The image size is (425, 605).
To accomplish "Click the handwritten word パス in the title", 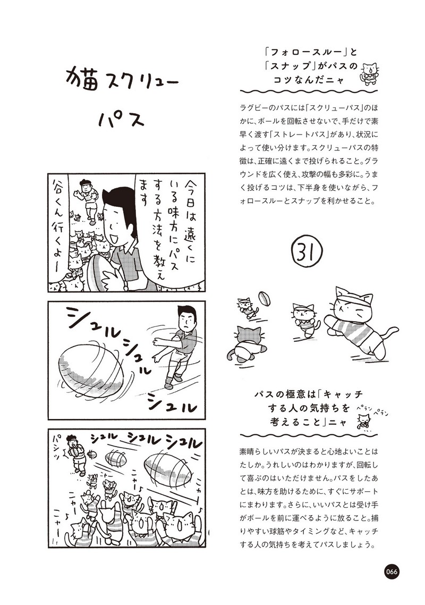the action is [121, 120].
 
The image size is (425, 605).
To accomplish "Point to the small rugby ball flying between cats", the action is [265, 299].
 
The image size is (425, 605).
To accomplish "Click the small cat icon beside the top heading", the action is [369, 72].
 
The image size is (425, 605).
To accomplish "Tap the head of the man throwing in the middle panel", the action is [186, 317].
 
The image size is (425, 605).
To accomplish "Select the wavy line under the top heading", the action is [309, 92].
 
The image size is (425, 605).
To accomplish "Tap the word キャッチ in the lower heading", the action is [343, 394].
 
